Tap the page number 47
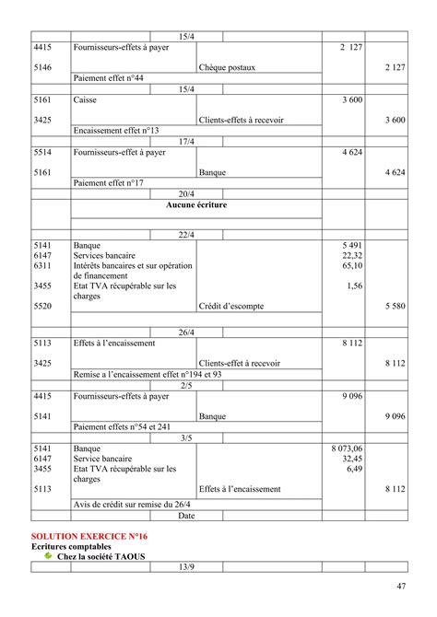[x=401, y=587]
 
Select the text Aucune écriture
[x=196, y=205]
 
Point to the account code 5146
[x=42, y=68]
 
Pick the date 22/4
[x=187, y=235]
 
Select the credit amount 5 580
[x=394, y=306]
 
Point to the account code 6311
[x=42, y=265]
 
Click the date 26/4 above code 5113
[x=187, y=332]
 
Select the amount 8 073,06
[x=347, y=448]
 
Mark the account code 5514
[x=42, y=152]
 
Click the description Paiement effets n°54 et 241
[x=122, y=426]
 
